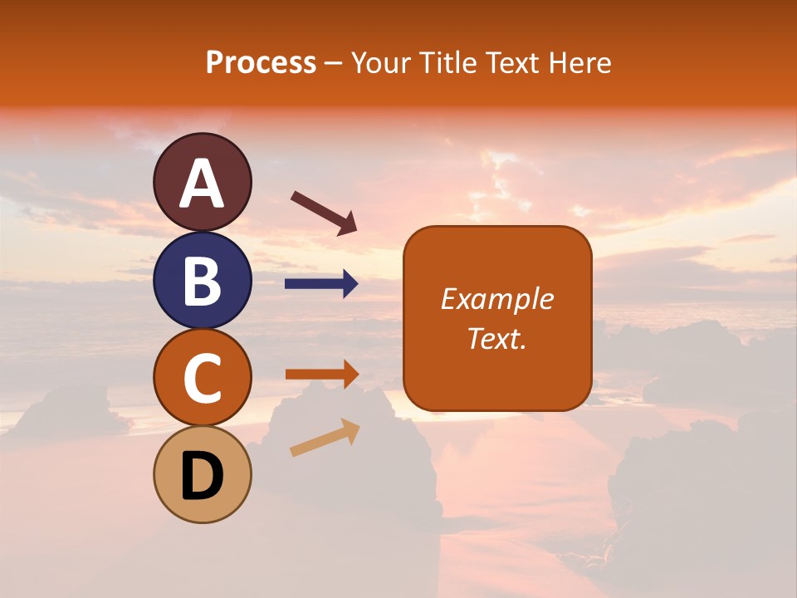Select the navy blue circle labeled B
click(203, 280)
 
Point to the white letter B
click(203, 281)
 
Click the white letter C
click(203, 378)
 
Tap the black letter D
click(203, 476)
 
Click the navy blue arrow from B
click(322, 284)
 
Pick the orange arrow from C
click(322, 375)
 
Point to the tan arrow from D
click(325, 438)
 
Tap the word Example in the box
click(497, 299)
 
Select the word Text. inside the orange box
click(497, 338)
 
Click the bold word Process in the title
click(261, 63)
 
